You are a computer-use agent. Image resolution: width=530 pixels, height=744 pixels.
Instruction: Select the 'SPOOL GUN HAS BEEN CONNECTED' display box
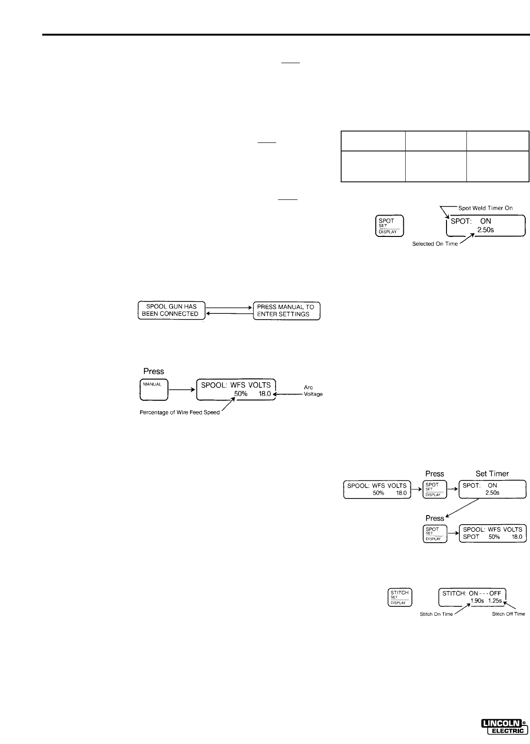tap(170, 311)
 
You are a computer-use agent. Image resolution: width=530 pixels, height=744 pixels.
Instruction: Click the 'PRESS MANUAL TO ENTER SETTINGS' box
tap(286, 311)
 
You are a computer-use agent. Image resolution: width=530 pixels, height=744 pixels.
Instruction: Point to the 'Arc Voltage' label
tap(313, 391)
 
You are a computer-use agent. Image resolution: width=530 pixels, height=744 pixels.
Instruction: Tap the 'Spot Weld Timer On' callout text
tap(485, 195)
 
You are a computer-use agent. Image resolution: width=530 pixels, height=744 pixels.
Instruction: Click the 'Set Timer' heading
tap(492, 473)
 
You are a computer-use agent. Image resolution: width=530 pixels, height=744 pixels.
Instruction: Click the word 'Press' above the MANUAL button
tap(154, 371)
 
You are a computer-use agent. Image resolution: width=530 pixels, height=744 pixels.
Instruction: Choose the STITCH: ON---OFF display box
tap(473, 597)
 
